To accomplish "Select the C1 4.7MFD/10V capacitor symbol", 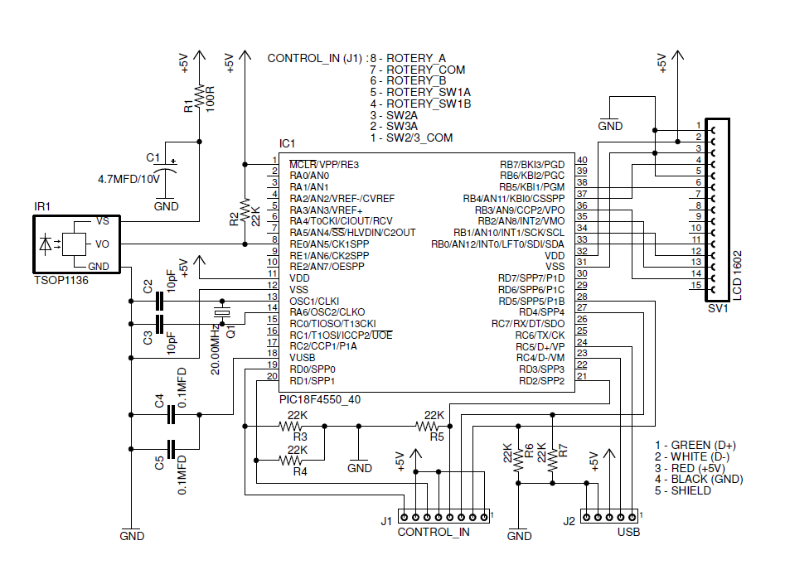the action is point(166,167).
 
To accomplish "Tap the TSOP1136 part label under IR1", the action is point(61,280).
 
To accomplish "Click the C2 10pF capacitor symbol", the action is point(159,302).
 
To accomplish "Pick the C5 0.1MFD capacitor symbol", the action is point(172,449).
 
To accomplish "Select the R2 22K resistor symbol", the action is point(245,210).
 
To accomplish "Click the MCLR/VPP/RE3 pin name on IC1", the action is point(324,165).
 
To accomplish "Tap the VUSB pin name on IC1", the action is point(303,358).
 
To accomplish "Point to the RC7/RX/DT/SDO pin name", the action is point(528,324).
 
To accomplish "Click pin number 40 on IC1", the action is point(582,160).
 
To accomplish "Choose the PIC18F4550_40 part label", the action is point(320,399).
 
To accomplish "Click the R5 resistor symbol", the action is point(427,427).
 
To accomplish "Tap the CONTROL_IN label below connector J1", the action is point(434,532).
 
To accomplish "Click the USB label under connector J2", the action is point(628,532).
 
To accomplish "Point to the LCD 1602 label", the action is point(737,275).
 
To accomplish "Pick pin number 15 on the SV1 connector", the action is point(695,285).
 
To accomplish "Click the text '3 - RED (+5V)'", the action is point(690,468).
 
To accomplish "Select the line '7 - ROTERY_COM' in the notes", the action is point(418,70).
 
